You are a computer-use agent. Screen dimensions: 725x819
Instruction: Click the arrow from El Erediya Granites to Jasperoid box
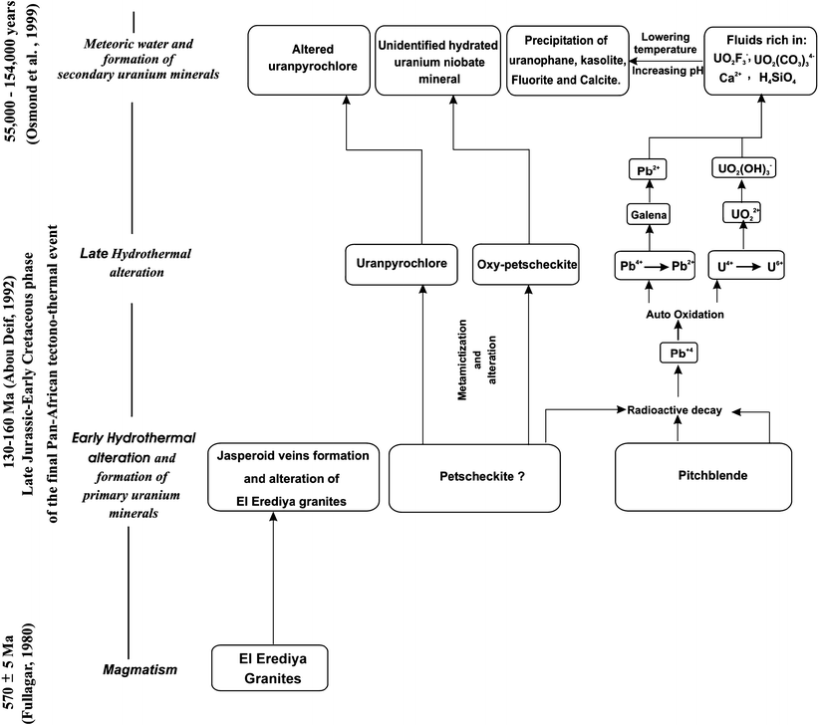tap(272, 578)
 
